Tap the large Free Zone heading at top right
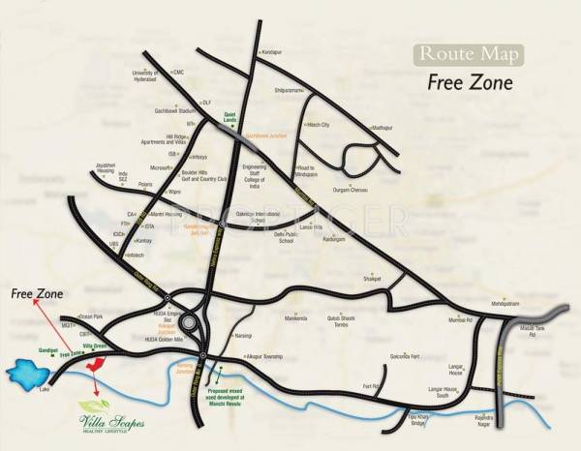click(x=469, y=81)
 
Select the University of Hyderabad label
click(x=147, y=76)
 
